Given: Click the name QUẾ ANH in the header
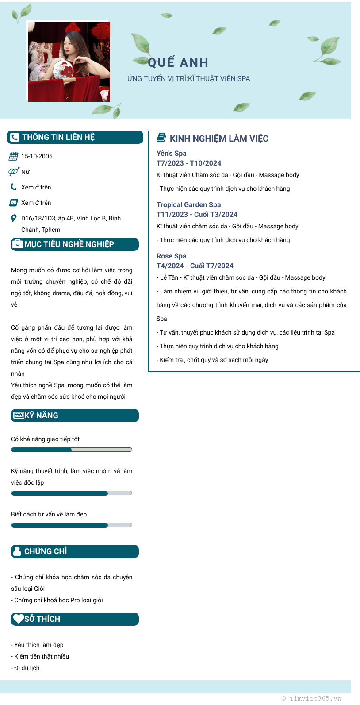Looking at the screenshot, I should pos(178,63).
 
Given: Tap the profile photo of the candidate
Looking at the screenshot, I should pos(69,62).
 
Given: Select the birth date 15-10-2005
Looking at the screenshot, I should pos(37,156).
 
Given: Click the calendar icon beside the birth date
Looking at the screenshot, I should pos(14,156).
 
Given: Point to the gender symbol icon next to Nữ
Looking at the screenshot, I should pos(13,172).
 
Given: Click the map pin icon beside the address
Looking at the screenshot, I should pos(14,218).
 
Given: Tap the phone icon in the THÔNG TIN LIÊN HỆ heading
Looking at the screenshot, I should pos(15,137).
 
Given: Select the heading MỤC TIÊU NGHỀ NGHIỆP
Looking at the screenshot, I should pos(69,244).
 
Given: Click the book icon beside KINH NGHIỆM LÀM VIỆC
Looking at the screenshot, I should pos(161,138).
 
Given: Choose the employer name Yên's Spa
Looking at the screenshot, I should pos(172,154).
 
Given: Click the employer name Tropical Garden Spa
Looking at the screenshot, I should pos(188,205).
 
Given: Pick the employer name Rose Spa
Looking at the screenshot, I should pos(172,256).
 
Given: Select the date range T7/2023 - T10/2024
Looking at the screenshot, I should pos(189,163).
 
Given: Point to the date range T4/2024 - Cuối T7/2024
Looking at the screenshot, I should pos(195,266).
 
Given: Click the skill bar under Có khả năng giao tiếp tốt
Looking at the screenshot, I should pos(72,450).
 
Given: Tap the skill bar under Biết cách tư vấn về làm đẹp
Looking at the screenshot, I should pos(72,525).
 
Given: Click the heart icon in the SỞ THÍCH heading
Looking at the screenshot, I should pos(18,619).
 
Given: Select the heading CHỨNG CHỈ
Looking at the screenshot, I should pos(46,551).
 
